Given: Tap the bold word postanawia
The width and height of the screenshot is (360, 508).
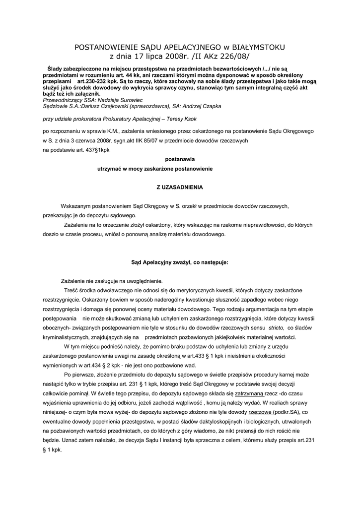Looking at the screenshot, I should (x=179, y=160).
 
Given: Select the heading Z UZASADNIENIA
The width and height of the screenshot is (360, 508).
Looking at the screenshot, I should (x=179, y=188).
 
